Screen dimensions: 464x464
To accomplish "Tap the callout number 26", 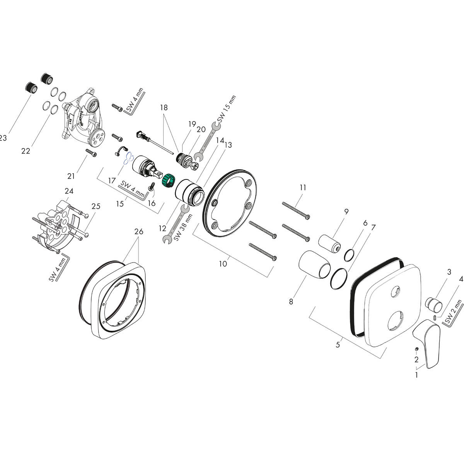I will (x=138, y=232).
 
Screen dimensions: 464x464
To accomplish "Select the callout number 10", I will (x=223, y=264).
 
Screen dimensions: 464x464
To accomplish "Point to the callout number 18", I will (x=164, y=108).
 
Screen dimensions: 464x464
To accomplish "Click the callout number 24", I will (x=69, y=191).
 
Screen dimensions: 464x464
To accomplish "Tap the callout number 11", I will (x=303, y=188).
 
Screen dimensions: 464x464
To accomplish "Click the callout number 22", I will (x=26, y=151).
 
